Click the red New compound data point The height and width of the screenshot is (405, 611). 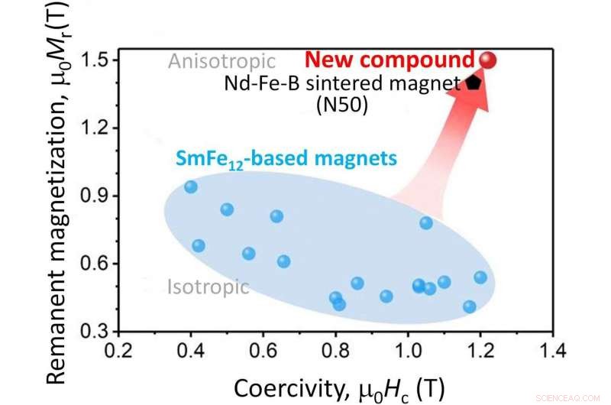488,60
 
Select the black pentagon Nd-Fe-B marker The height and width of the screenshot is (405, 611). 474,82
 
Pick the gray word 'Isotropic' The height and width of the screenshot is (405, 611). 208,287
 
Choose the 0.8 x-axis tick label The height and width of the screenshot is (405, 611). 335,352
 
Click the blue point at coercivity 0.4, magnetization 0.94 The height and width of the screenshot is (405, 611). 191,186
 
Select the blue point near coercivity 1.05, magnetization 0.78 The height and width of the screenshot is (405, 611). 426,222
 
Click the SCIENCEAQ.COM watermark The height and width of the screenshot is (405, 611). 577,396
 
